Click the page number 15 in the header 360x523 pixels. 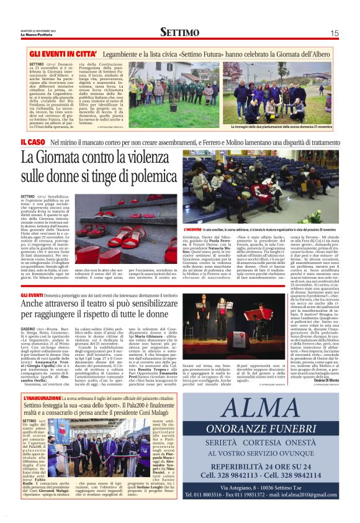(x=334, y=32)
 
